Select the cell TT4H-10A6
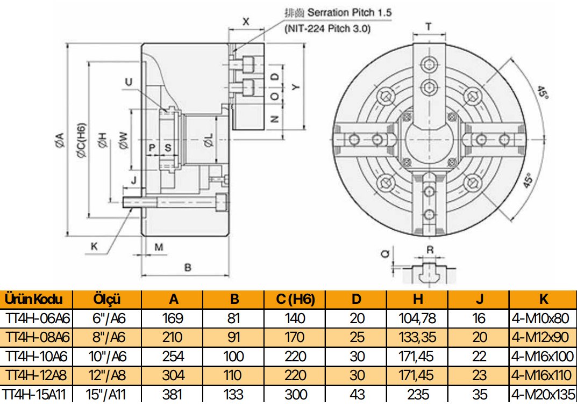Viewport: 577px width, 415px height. (x=37, y=356)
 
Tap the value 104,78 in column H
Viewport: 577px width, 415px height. (x=418, y=318)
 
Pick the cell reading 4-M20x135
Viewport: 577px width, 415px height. (x=542, y=395)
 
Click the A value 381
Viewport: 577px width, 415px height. (x=173, y=395)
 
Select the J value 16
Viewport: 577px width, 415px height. (x=479, y=318)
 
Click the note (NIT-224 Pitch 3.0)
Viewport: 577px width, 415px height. (x=327, y=30)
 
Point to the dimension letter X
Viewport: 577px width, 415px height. (x=246, y=22)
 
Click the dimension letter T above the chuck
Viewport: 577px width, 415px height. (x=429, y=26)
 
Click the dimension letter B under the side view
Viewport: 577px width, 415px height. (x=187, y=267)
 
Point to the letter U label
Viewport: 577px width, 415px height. (x=128, y=82)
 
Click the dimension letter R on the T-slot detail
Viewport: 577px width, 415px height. (x=429, y=250)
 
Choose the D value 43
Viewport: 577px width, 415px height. (x=357, y=395)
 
